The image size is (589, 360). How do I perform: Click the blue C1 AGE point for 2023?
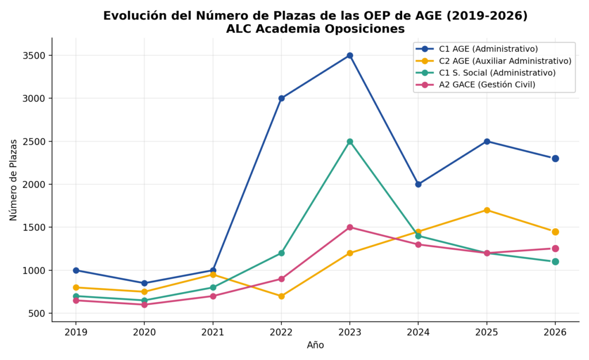(x=350, y=56)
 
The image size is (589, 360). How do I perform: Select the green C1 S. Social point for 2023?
(x=350, y=141)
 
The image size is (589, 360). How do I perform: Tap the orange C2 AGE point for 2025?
(x=487, y=210)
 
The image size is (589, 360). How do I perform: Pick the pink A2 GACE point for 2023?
(x=350, y=228)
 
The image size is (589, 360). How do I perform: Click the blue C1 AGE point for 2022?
(x=281, y=98)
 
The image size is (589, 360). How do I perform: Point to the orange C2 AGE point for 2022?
(x=281, y=296)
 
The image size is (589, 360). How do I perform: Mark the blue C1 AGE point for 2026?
(x=555, y=159)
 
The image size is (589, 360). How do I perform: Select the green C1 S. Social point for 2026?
(x=555, y=262)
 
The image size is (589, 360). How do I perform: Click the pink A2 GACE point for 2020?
(x=144, y=304)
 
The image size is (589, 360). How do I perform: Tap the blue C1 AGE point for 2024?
(x=418, y=185)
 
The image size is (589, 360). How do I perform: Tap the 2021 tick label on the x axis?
(x=213, y=332)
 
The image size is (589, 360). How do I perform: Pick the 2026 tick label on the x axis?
(x=555, y=332)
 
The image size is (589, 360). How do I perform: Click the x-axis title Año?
(x=315, y=345)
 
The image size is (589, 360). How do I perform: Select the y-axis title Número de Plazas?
(x=14, y=180)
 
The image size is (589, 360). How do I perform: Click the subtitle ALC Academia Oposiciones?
(x=315, y=29)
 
